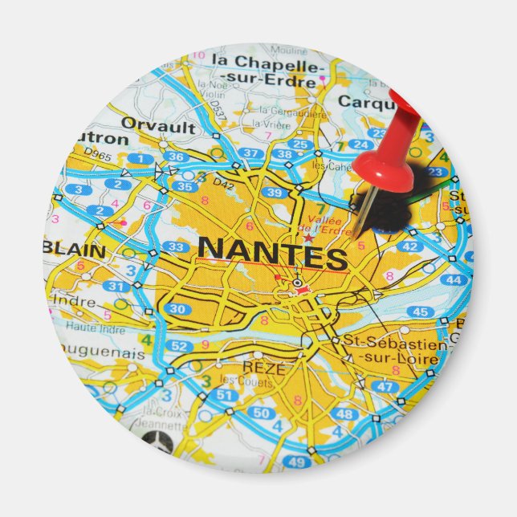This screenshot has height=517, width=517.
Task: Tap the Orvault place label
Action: pos(158,125)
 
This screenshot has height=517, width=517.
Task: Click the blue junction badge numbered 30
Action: pos(178,309)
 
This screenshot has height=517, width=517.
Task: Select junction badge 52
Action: pos(181,346)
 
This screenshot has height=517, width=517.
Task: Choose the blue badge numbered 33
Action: pos(174,246)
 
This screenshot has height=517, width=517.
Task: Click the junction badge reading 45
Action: pos(420,311)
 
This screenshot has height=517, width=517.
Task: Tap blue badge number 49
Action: pos(296,462)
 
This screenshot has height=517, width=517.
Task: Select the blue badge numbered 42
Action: pos(409,246)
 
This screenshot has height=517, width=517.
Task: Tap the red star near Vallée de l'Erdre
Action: pos(308,238)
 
